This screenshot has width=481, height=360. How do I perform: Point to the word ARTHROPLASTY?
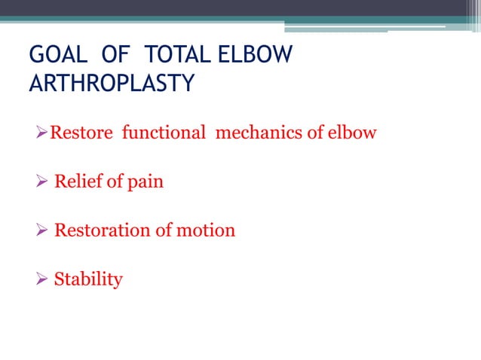[x=112, y=84]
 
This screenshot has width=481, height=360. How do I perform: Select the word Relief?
[x=78, y=182]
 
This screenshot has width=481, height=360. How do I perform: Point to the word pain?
[x=146, y=182]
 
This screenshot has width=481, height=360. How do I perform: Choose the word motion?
[x=206, y=230]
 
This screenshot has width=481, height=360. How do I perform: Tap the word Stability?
[x=88, y=279]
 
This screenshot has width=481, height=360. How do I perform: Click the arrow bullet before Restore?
[x=42, y=134]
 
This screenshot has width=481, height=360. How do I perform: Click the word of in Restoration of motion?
[x=164, y=230]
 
